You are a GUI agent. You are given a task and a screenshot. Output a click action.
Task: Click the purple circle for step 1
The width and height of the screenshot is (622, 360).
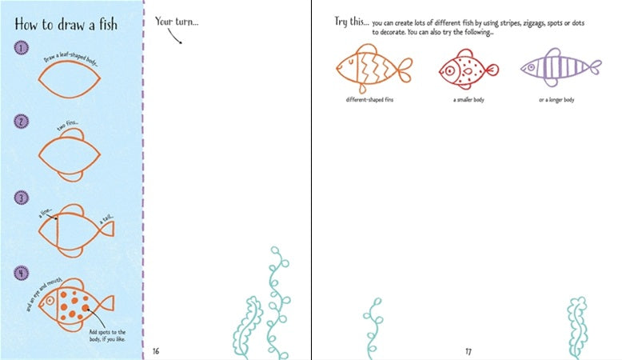pos(20,49)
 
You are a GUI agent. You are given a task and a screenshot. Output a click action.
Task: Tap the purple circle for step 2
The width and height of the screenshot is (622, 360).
pos(20,122)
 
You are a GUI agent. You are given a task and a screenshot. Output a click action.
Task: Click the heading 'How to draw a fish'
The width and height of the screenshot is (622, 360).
pos(66,24)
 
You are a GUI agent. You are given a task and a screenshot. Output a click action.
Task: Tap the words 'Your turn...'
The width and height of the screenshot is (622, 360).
pos(177,21)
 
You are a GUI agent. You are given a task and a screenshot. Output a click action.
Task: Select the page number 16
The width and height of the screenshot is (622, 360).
pos(156,350)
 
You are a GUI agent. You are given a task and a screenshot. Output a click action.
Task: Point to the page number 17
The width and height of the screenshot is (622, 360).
pos(468,350)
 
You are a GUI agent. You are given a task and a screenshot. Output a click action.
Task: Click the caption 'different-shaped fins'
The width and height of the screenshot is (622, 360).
pos(370,99)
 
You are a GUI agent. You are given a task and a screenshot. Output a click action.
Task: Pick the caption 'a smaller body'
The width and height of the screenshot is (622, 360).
pos(468,99)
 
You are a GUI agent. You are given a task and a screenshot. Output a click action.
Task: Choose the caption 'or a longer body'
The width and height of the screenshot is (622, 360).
pos(557,99)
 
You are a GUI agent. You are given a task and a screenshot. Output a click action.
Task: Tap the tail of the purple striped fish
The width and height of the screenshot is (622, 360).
pos(593,67)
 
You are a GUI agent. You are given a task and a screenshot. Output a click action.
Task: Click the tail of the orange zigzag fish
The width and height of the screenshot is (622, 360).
pos(404,67)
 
